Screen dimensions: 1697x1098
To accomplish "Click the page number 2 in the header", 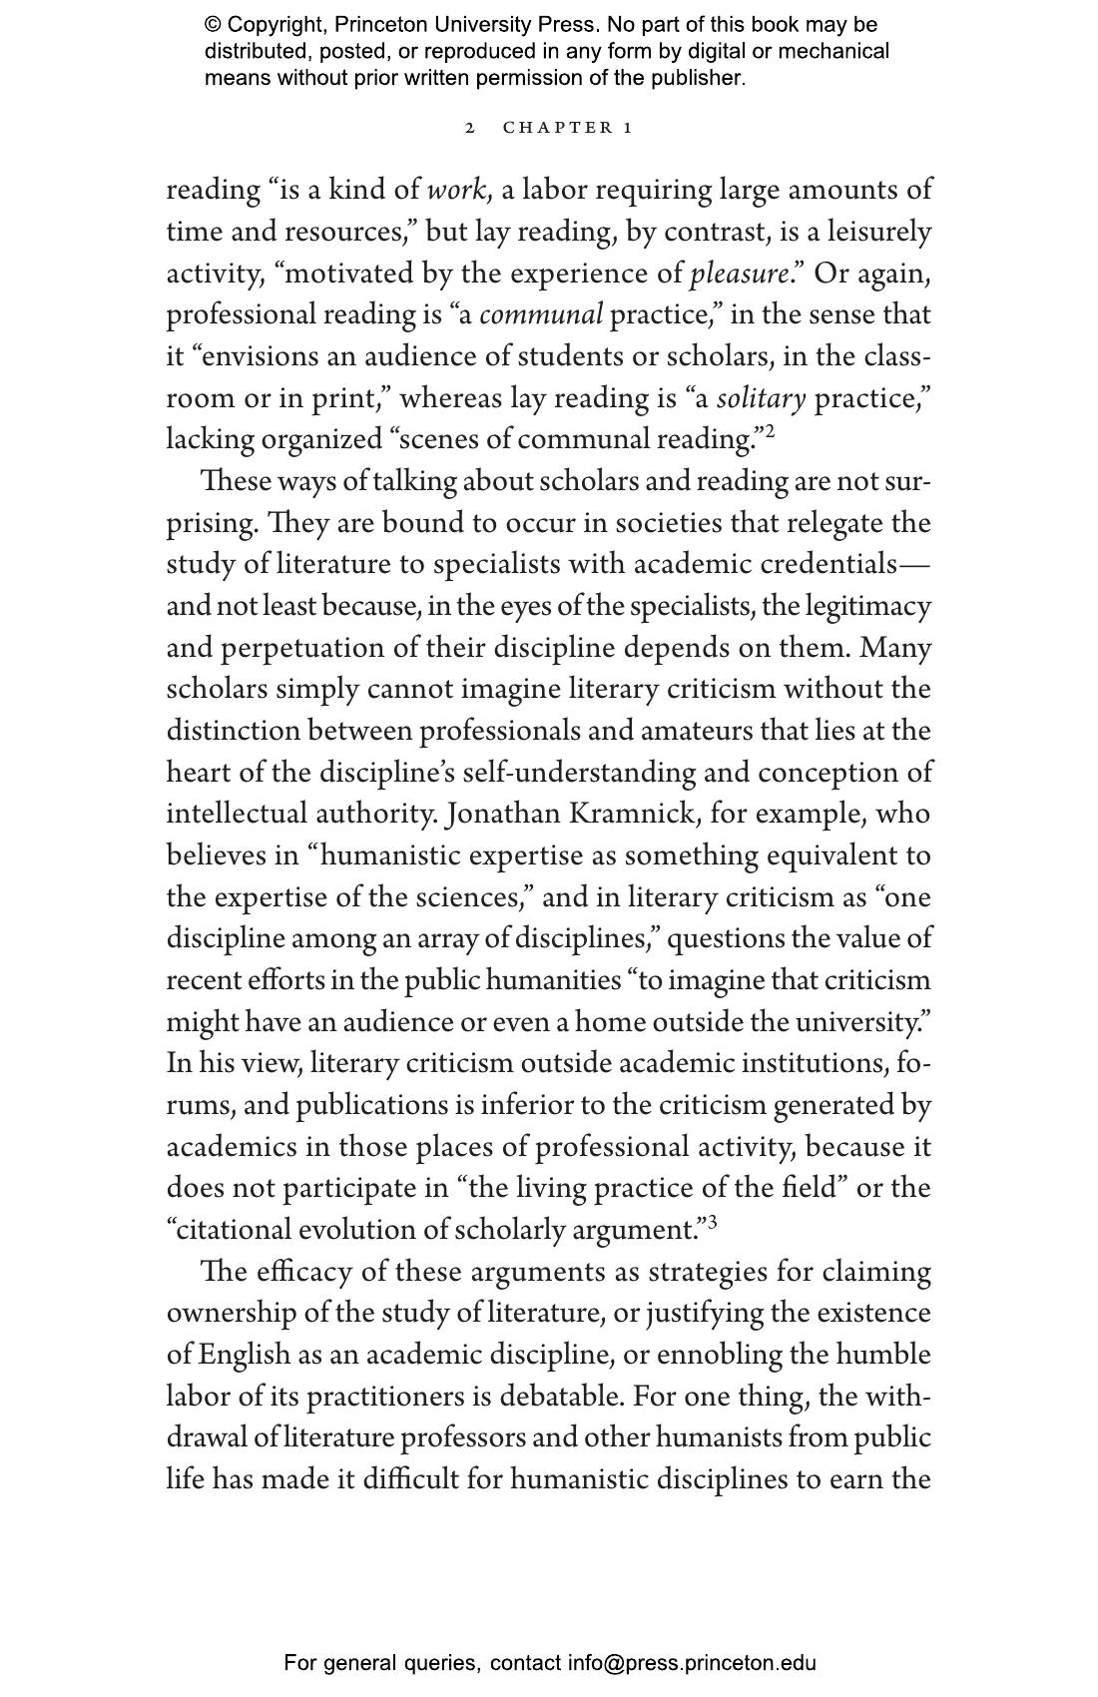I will tap(470, 128).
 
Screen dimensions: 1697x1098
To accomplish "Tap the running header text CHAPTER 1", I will tap(568, 128).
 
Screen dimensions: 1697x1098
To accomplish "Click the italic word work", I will tap(456, 190).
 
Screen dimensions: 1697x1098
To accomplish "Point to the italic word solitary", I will tap(761, 398).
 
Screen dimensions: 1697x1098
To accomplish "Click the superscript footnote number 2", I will tap(770, 432).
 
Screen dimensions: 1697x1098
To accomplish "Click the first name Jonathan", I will tap(503, 814).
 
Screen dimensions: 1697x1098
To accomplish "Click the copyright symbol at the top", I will tap(213, 25).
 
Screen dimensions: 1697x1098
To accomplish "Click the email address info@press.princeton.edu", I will tap(692, 1663).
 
